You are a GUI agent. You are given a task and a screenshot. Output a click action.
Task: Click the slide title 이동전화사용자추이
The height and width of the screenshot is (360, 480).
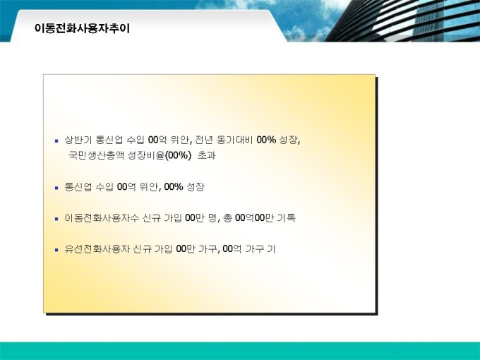82,28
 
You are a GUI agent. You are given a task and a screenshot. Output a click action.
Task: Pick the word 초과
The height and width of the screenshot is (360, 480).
207,155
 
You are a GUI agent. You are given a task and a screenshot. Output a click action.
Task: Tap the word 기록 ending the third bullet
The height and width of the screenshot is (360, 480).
286,218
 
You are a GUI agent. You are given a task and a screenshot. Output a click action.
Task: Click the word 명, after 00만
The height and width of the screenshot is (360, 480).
214,218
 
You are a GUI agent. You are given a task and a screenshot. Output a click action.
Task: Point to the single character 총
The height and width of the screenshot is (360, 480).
228,218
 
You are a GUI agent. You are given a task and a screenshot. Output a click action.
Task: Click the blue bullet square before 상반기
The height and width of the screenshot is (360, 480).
56,141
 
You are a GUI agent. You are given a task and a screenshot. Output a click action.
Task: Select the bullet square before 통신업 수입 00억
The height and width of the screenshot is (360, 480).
56,188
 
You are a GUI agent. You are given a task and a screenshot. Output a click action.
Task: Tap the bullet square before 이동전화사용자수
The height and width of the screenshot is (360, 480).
56,220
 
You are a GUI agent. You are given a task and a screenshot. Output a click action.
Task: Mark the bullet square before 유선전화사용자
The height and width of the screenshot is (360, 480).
56,250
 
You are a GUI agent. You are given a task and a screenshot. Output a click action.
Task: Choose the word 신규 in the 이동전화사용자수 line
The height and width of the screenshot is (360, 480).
152,218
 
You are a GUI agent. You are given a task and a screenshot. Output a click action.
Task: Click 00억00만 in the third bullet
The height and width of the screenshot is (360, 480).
254,218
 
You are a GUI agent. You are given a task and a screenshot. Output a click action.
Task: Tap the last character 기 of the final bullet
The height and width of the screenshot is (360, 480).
271,249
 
